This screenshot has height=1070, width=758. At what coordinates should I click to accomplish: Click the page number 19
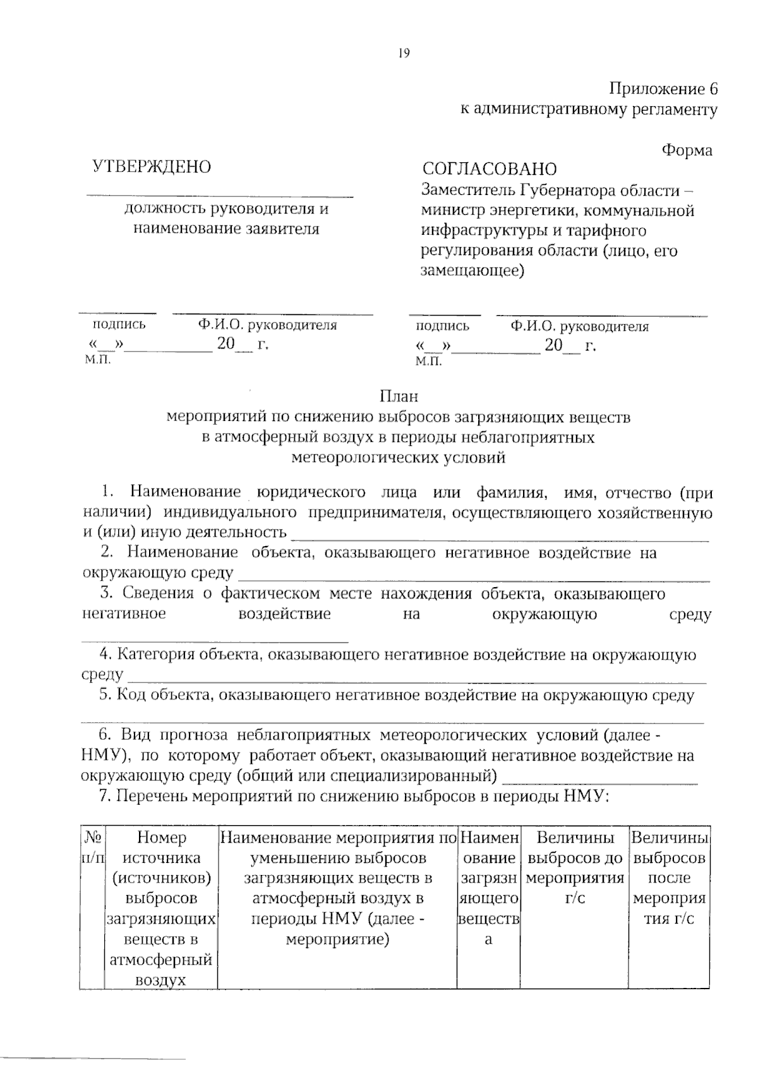tap(404, 53)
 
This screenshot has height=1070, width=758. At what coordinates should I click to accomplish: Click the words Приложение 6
tap(663, 88)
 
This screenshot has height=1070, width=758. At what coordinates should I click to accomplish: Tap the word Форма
tap(687, 150)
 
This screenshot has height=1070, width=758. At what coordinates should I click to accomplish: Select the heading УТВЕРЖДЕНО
tap(152, 167)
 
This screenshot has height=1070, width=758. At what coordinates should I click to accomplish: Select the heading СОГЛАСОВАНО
tap(490, 169)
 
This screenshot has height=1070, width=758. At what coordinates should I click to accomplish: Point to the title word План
tap(399, 396)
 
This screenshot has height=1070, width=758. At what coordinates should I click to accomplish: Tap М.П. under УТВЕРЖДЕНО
tap(97, 359)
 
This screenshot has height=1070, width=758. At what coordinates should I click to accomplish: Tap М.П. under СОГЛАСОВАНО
tap(428, 361)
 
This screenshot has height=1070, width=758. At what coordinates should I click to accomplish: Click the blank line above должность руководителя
tap(219, 196)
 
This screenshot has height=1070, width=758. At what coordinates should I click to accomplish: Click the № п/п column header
tap(92, 848)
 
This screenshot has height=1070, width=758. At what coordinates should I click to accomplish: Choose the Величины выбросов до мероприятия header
tap(575, 868)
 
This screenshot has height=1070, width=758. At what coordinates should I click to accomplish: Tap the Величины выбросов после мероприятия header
tap(670, 877)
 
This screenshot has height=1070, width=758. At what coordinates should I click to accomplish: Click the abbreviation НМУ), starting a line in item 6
tap(106, 756)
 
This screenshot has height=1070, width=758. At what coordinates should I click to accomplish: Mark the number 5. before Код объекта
tap(105, 695)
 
